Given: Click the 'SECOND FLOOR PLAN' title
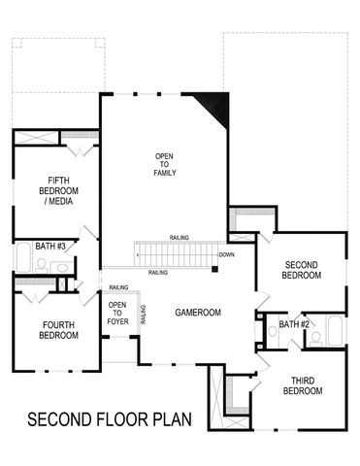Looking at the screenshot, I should [110, 419].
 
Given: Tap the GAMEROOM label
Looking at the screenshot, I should [198, 313].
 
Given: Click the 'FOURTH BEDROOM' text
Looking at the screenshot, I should [52, 329].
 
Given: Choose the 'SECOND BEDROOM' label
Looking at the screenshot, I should [302, 270].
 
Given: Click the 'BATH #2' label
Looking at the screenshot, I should [294, 323].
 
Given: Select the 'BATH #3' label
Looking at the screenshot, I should [50, 247].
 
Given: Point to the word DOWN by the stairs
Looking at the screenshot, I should [226, 255].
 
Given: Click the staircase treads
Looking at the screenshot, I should [180, 255].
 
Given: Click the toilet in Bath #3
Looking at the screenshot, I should [61, 266].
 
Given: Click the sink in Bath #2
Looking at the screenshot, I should [272, 331].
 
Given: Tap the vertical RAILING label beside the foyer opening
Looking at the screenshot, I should [143, 314].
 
